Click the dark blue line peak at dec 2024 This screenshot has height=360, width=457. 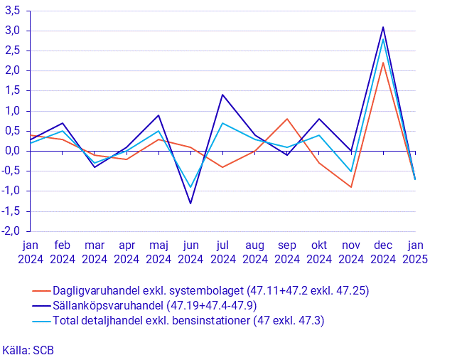click(x=384, y=27)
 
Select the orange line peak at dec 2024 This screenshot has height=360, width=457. click(x=384, y=63)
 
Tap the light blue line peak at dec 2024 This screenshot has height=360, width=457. click(x=384, y=38)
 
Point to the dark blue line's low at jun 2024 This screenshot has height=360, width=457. click(x=190, y=203)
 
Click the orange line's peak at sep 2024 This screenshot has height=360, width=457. click(x=287, y=119)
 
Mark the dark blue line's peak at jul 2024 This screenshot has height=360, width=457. click(x=222, y=95)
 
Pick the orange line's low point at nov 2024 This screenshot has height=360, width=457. click(x=351, y=187)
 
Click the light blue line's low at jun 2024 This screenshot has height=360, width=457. click(x=190, y=187)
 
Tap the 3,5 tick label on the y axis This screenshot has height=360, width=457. click(x=14, y=11)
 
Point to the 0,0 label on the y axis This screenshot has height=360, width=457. click(x=14, y=151)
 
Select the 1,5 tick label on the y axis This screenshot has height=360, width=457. click(x=14, y=91)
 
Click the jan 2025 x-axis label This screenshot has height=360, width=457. click(x=416, y=253)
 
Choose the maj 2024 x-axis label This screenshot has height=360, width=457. click(x=158, y=253)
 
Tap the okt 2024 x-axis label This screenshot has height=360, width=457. click(x=319, y=253)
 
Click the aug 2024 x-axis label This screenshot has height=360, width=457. click(x=254, y=253)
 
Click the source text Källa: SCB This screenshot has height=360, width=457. click(x=28, y=350)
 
